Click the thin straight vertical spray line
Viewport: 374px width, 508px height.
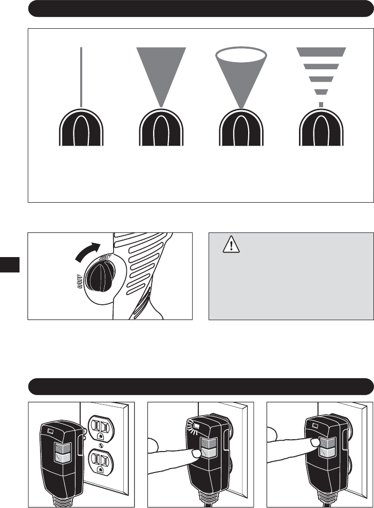click(x=82, y=77)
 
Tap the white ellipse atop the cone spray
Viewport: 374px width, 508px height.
click(x=241, y=54)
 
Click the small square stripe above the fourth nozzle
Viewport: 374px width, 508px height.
click(x=322, y=104)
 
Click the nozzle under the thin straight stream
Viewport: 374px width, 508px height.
click(x=82, y=128)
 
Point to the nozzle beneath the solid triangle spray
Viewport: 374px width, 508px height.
click(x=161, y=128)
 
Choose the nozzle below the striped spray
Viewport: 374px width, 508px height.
click(x=322, y=128)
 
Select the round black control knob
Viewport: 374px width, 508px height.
click(x=96, y=277)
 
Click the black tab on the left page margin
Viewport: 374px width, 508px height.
click(x=10, y=264)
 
